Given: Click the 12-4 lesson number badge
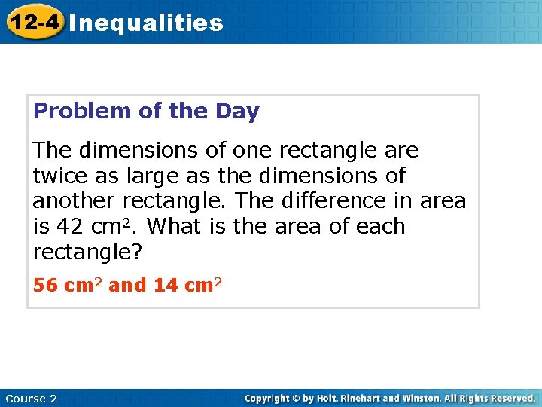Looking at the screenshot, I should pyautogui.click(x=33, y=22).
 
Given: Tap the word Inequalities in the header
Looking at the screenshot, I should pyautogui.click(x=146, y=23).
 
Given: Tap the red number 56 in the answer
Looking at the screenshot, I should pyautogui.click(x=46, y=286).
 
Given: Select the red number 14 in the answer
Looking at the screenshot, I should pyautogui.click(x=165, y=286).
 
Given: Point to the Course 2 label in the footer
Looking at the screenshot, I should pyautogui.click(x=31, y=398).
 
